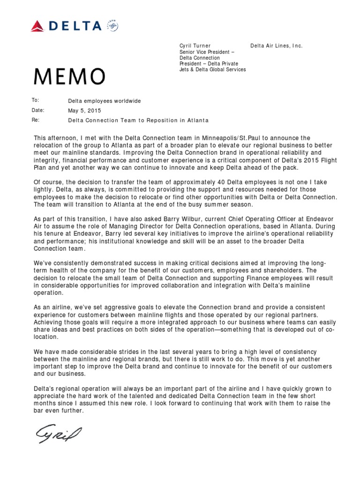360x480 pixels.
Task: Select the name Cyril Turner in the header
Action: pyautogui.click(x=195, y=45)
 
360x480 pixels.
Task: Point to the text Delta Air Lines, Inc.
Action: pyautogui.click(x=277, y=45)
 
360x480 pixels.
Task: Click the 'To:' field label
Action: pyautogui.click(x=35, y=100)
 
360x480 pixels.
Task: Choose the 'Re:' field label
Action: pyautogui.click(x=36, y=120)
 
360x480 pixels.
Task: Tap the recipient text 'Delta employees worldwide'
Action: pyautogui.click(x=104, y=101)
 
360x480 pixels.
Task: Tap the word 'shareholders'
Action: pyautogui.click(x=279, y=270)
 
